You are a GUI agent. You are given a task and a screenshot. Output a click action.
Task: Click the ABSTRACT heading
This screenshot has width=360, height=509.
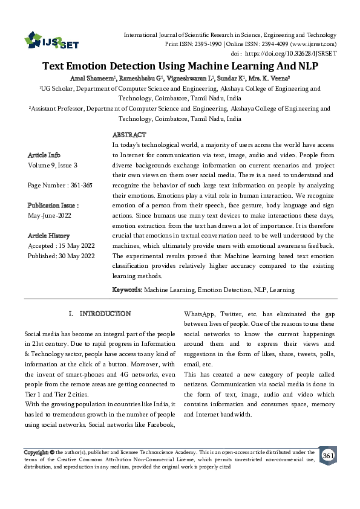pyautogui.click(x=129, y=135)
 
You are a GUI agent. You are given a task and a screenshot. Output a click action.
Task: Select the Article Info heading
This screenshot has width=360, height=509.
pyautogui.click(x=44, y=155)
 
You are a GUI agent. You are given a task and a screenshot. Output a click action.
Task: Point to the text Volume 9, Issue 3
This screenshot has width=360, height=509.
pyautogui.click(x=53, y=165)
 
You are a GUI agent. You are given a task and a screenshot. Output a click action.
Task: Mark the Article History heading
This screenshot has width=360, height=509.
pyautogui.click(x=48, y=236)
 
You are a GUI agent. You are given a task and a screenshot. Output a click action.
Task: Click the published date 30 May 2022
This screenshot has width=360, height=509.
pyautogui.click(x=76, y=256)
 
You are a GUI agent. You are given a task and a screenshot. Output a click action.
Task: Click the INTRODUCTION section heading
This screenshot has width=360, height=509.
pyautogui.click(x=105, y=314)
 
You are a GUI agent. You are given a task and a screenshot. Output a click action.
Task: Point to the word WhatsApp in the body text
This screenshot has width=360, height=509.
pyautogui.click(x=200, y=314)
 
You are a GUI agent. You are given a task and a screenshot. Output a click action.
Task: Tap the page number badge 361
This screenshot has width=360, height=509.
pyautogui.click(x=327, y=455)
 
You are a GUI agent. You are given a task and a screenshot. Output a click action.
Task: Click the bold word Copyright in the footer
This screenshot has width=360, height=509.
pyautogui.click(x=35, y=452)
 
